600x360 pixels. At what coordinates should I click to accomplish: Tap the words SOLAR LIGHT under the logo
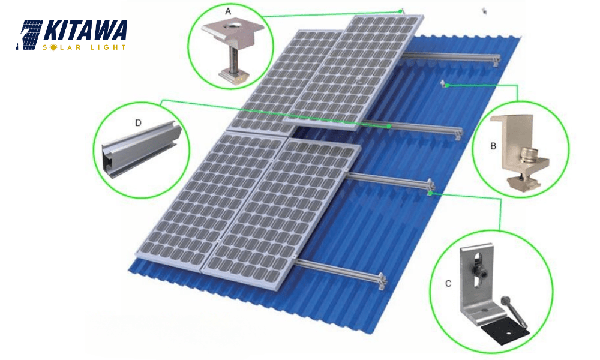(x=85, y=47)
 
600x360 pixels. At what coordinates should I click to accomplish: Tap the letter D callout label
(x=138, y=122)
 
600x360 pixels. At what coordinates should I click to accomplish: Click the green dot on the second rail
(x=389, y=127)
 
